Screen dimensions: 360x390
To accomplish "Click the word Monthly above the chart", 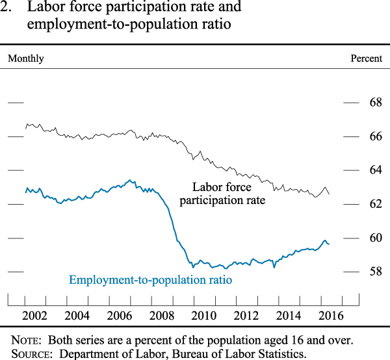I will tap(26, 58).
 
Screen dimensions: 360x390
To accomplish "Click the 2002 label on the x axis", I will tap(34, 316).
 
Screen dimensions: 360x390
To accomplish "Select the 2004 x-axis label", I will tap(77, 316).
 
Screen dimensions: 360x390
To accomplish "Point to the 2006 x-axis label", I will tap(120, 316).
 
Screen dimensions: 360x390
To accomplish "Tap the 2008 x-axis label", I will tap(162, 316).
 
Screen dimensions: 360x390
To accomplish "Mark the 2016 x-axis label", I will tap(331, 316).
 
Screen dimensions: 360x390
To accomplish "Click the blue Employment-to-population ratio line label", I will tap(150, 280).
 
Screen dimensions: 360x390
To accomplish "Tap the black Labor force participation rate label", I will tap(222, 194).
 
